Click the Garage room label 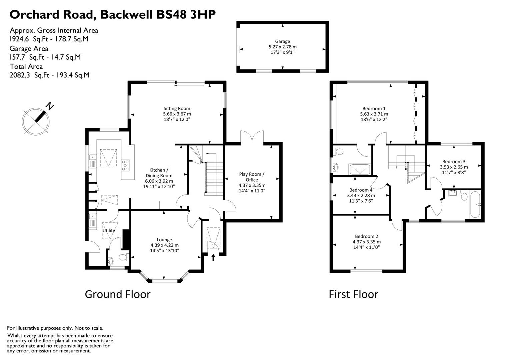tap(282, 42)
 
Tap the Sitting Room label tap(177, 108)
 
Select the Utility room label tap(109, 230)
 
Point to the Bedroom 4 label tap(361, 190)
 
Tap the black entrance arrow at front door tap(213, 257)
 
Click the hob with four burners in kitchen tap(126, 165)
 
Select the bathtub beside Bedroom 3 tap(475, 204)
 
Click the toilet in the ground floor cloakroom tap(123, 257)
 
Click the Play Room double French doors tap(252, 137)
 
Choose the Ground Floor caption tap(118, 294)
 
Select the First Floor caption tap(353, 294)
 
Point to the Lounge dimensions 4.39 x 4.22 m tap(164, 245)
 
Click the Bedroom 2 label tap(366, 236)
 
